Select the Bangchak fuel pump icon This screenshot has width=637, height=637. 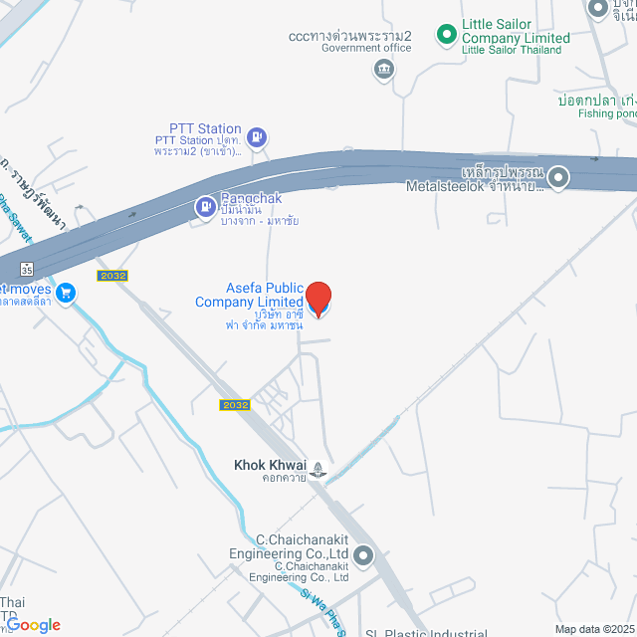click(x=205, y=207)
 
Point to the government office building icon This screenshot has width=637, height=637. click(x=384, y=69)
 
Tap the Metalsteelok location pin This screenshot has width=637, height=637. click(x=559, y=178)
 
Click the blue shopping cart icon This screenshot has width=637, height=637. click(x=66, y=292)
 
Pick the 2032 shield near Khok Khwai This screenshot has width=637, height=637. click(x=234, y=405)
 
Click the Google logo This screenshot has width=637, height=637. click(x=34, y=624)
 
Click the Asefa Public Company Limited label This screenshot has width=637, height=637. click(x=249, y=296)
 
